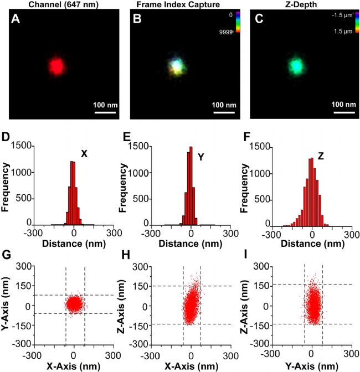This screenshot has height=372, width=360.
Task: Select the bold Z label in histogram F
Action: tap(321, 156)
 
